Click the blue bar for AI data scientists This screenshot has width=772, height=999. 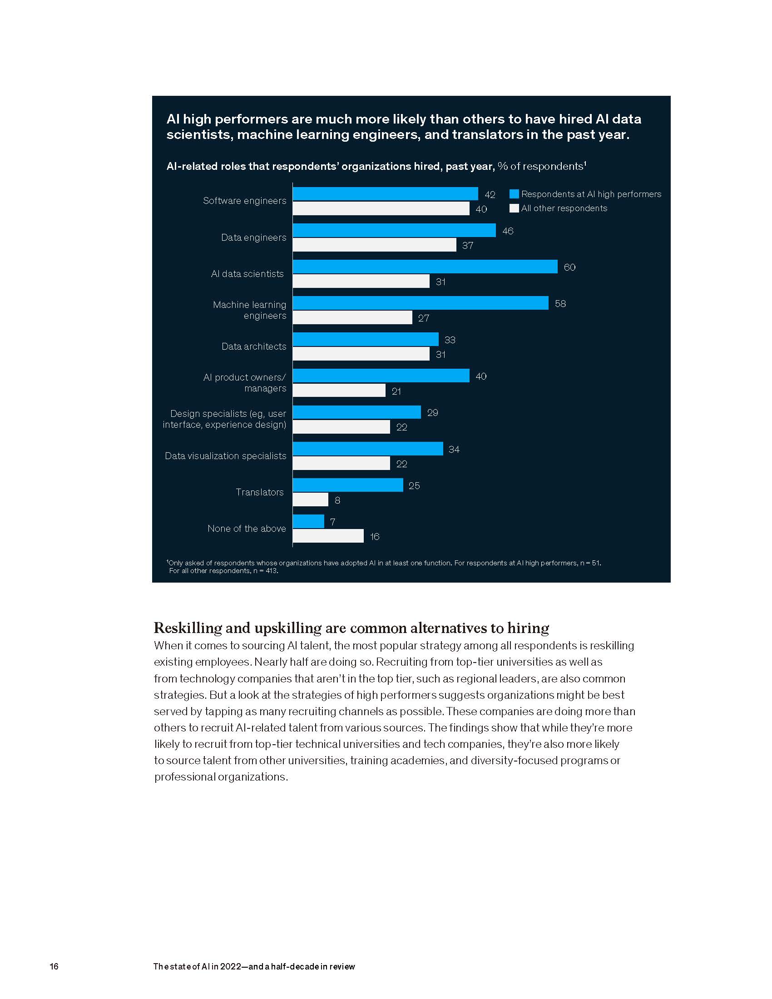pyautogui.click(x=425, y=267)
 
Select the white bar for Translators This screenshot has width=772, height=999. pyautogui.click(x=311, y=499)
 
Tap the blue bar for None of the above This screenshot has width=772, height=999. pyautogui.click(x=308, y=521)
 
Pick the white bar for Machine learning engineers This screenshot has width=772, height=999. pyautogui.click(x=352, y=317)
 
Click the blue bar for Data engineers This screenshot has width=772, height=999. pyautogui.click(x=394, y=230)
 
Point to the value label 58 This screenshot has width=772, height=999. pyautogui.click(x=560, y=304)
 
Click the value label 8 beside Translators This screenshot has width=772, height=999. pyautogui.click(x=337, y=500)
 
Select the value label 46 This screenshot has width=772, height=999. pyautogui.click(x=508, y=231)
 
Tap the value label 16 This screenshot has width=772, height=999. pyautogui.click(x=375, y=537)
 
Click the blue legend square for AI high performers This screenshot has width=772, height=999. pyautogui.click(x=514, y=194)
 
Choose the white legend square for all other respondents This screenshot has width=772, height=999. pyautogui.click(x=514, y=208)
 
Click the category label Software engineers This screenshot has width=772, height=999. pyautogui.click(x=245, y=201)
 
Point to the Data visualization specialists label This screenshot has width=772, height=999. pyautogui.click(x=226, y=456)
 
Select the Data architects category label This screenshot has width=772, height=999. pyautogui.click(x=254, y=346)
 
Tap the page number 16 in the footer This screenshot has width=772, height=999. pyautogui.click(x=54, y=966)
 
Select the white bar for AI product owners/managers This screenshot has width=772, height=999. pyautogui.click(x=339, y=391)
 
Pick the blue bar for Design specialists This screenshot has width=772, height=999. pyautogui.click(x=357, y=412)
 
